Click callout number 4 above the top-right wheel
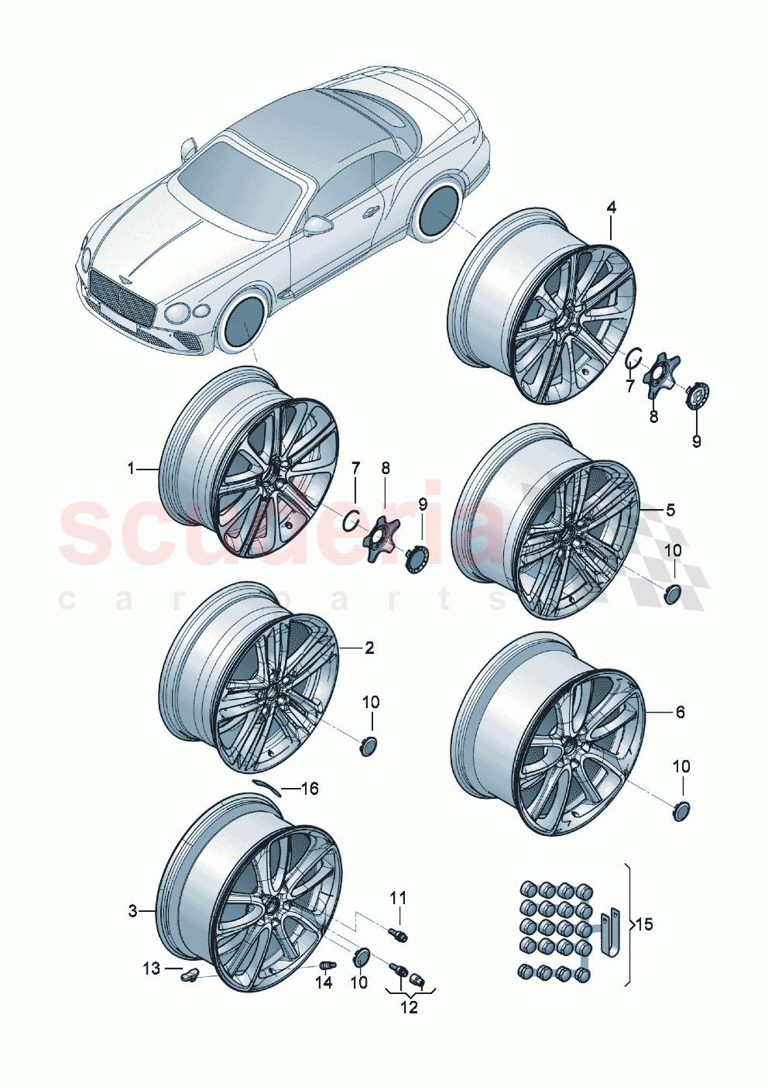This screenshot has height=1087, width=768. tap(611, 208)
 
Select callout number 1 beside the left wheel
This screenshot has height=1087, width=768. tap(131, 468)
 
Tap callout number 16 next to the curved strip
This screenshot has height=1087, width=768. tap(309, 789)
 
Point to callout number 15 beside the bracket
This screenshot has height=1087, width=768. tap(643, 924)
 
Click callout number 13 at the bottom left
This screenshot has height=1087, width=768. tap(151, 968)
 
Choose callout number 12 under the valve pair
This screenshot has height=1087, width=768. tap(408, 1007)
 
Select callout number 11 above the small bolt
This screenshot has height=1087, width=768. tap(397, 898)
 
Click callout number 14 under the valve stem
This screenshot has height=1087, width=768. tap(324, 982)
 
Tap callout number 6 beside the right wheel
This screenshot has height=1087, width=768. tap(680, 711)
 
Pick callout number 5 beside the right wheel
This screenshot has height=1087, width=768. tap(670, 509)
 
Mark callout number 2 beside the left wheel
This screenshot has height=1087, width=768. tap(369, 648)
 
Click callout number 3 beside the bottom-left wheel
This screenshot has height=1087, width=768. tap(132, 911)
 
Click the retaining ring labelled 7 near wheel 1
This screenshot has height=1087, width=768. tap(351, 519)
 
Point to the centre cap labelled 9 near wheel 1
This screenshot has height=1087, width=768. tap(416, 558)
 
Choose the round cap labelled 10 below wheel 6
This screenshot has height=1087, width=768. tap(680, 810)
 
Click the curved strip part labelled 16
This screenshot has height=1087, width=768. tap(264, 785)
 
